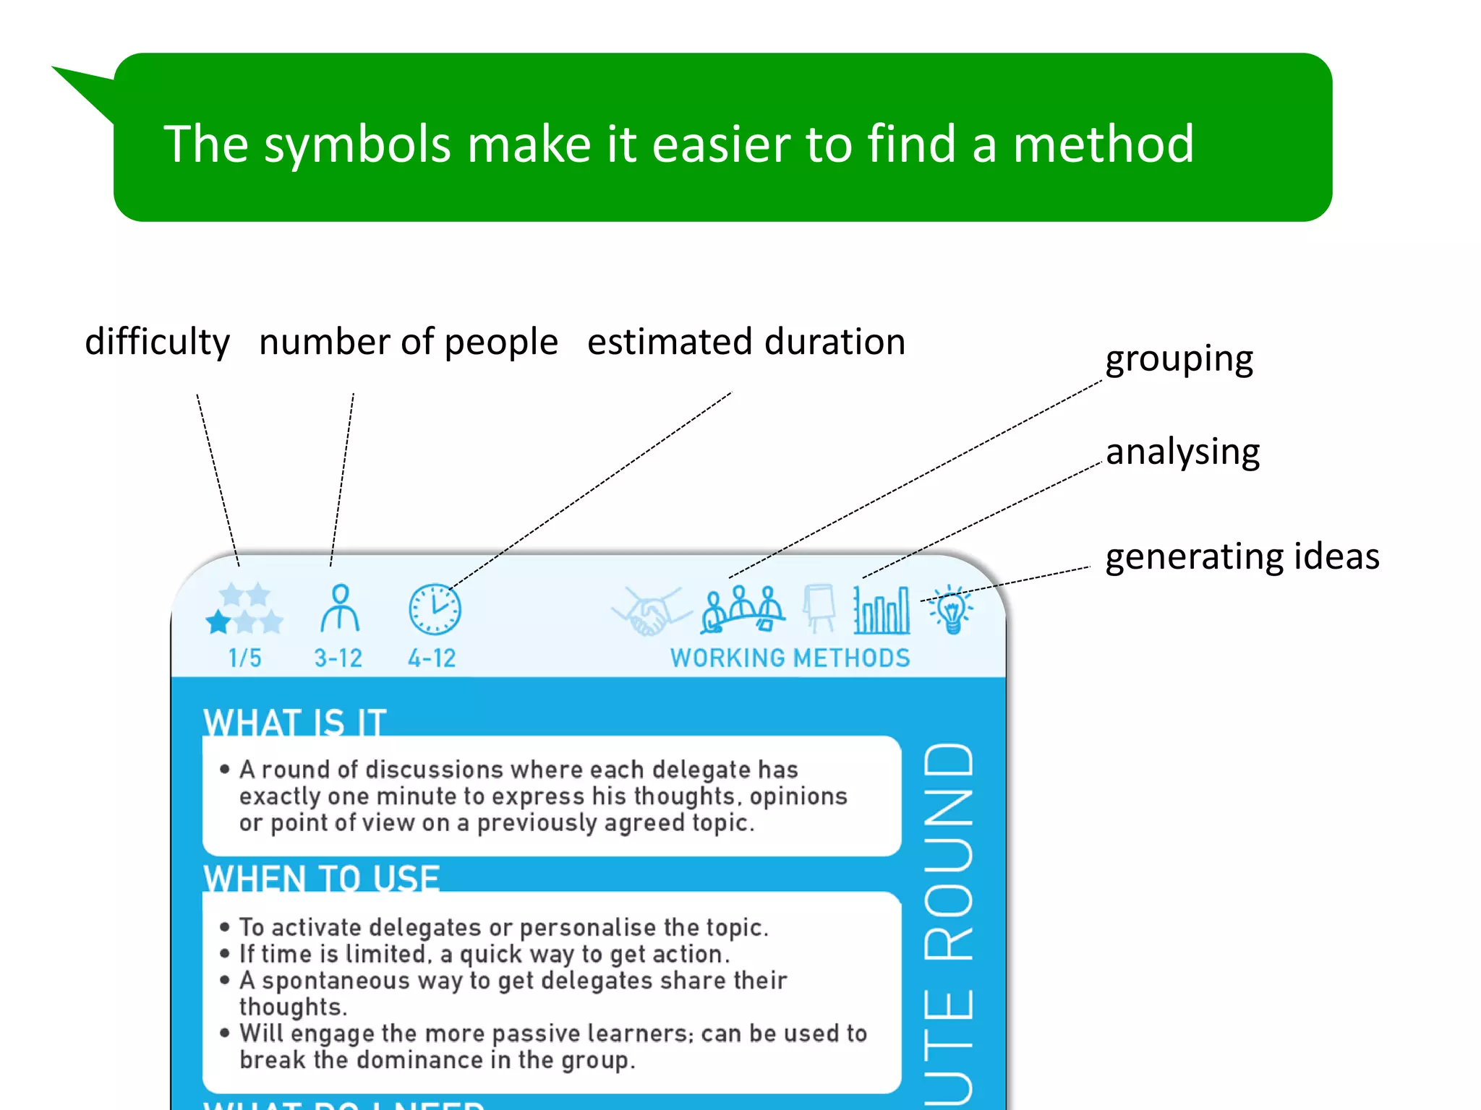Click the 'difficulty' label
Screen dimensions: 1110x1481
click(157, 342)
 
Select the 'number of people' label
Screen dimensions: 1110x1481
click(408, 342)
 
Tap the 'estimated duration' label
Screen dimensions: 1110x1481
click(746, 342)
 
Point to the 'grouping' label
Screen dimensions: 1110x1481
click(1179, 359)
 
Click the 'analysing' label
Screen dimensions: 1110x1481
click(1182, 452)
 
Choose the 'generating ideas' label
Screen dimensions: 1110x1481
click(1242, 556)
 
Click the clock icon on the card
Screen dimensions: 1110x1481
click(435, 609)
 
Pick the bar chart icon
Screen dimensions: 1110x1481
click(882, 610)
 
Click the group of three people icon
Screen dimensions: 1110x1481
click(742, 609)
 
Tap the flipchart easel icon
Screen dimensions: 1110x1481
click(819, 608)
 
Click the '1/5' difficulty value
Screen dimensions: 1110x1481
click(244, 658)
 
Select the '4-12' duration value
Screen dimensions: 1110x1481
click(432, 658)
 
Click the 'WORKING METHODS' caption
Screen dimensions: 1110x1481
click(790, 658)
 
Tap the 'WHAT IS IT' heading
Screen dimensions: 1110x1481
click(295, 722)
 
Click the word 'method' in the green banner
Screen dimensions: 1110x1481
click(1103, 144)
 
